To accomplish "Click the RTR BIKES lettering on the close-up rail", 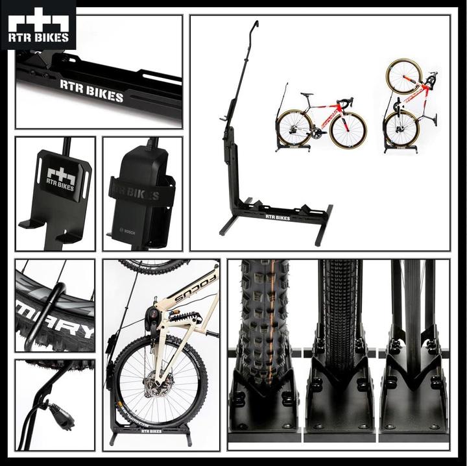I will point(91,91).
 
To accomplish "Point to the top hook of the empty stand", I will point(256,25).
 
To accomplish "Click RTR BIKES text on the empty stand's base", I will point(277,217).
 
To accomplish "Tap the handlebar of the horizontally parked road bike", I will point(348,101).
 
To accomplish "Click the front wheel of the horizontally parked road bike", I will point(347,130).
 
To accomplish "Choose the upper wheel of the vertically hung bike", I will point(403,77).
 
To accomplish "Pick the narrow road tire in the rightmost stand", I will point(413,305).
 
